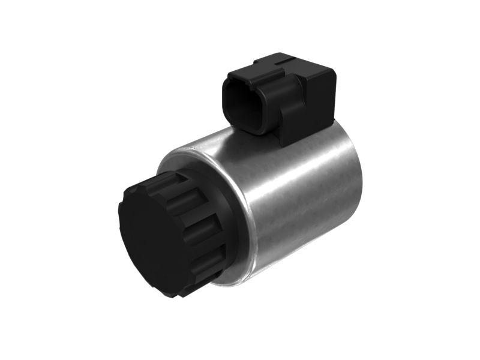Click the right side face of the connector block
pyautogui.click(x=321, y=102)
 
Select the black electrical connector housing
pyautogui.click(x=282, y=96)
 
